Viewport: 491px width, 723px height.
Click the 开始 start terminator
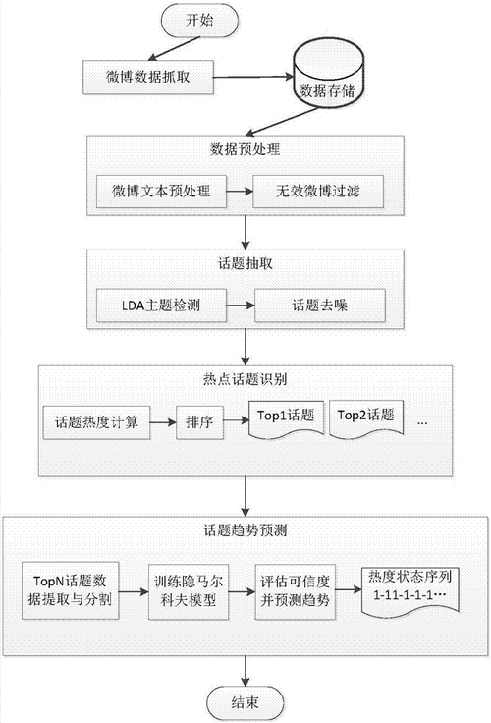(199, 21)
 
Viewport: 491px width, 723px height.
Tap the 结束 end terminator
(245, 702)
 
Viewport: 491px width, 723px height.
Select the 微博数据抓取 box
(148, 77)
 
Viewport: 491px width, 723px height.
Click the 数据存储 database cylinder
(329, 74)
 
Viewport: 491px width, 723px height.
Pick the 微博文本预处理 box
(161, 191)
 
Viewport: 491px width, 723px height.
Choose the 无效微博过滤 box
(318, 191)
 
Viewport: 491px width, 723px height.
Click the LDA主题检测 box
(161, 306)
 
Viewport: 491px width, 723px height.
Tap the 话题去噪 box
(319, 306)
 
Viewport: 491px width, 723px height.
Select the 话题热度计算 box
(96, 422)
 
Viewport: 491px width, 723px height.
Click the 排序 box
(199, 422)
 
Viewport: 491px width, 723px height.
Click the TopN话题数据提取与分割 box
(70, 590)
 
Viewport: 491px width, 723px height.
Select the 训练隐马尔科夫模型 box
(189, 591)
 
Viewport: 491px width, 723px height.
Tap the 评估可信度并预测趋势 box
(295, 591)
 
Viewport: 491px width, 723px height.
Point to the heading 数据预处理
(245, 149)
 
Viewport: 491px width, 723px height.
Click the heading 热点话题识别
(245, 379)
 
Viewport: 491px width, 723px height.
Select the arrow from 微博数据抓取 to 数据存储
(253, 77)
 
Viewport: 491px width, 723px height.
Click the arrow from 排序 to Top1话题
(236, 420)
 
